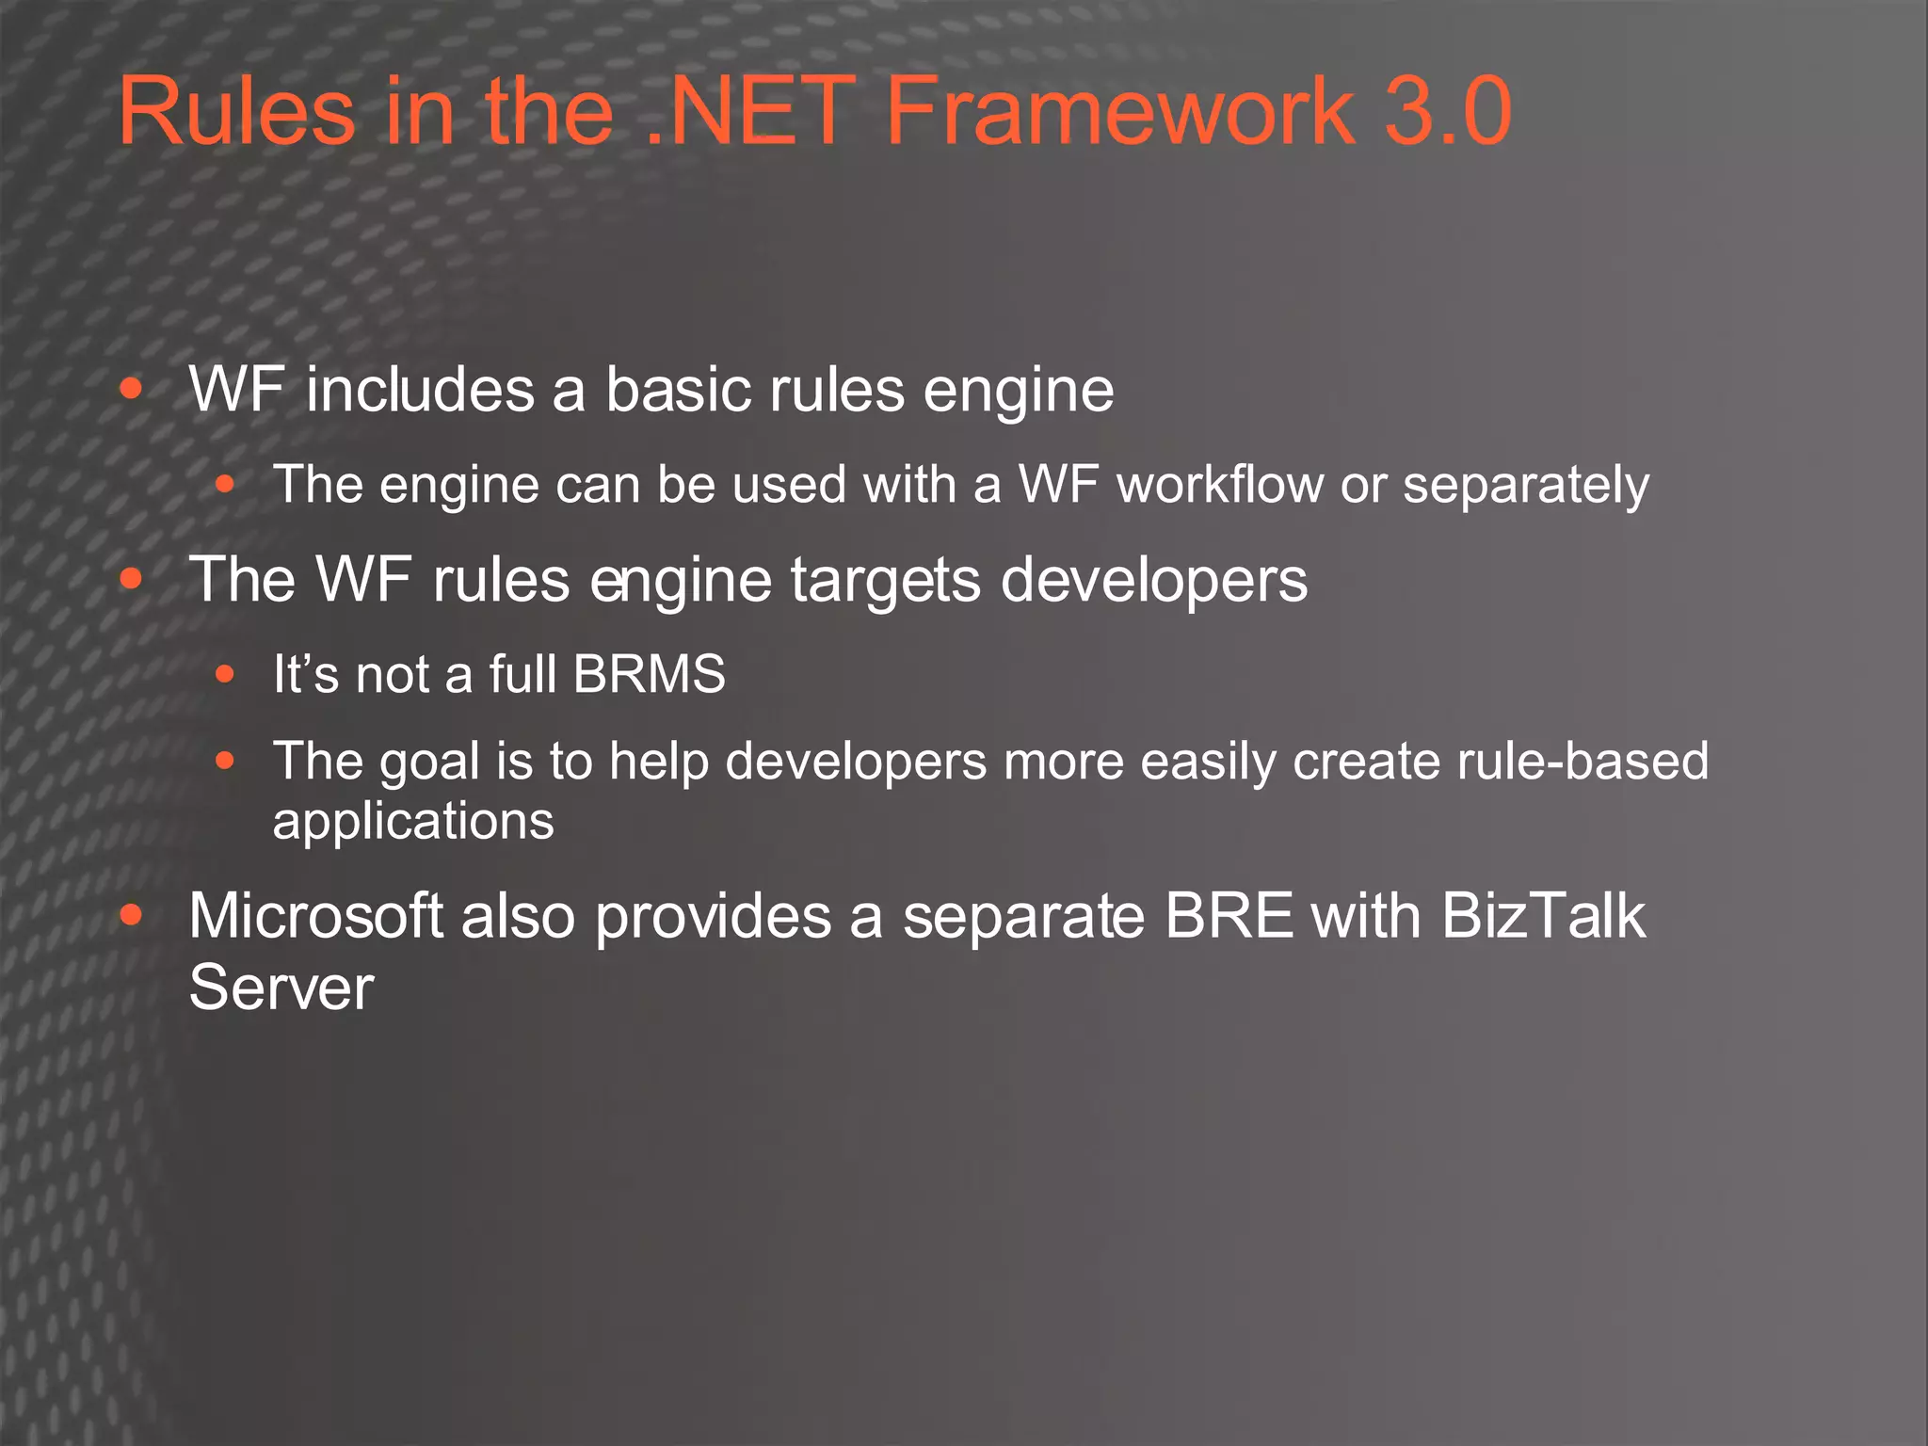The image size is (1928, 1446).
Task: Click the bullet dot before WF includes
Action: [x=132, y=389]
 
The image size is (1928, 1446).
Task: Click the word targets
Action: [x=885, y=581]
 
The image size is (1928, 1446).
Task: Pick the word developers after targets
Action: [x=1153, y=581]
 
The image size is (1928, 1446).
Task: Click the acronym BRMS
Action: [x=650, y=674]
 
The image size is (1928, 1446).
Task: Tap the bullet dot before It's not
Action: [x=224, y=674]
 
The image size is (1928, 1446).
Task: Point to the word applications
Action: [x=413, y=822]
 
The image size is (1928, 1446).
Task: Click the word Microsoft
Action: [x=315, y=915]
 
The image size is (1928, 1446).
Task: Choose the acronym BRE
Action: [x=1229, y=915]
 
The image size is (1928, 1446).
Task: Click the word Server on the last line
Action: [x=281, y=988]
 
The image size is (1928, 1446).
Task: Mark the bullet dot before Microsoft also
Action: [x=132, y=914]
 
